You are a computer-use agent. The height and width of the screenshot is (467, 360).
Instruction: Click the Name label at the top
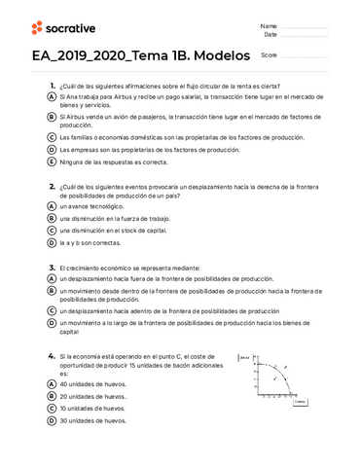click(x=269, y=25)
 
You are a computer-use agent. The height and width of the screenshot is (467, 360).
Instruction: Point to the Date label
click(x=269, y=35)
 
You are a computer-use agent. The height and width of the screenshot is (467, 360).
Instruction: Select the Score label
click(x=270, y=55)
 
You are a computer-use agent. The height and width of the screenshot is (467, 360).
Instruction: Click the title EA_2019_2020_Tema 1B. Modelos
click(x=141, y=55)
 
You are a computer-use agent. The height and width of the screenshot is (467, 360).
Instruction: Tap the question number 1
click(x=52, y=86)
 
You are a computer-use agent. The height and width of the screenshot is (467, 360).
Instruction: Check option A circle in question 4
click(x=52, y=384)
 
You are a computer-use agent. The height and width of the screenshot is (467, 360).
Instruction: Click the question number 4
click(x=52, y=357)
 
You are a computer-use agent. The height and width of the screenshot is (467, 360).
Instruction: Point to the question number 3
click(x=52, y=266)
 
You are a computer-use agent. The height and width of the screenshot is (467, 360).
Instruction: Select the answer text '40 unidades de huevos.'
click(x=92, y=384)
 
